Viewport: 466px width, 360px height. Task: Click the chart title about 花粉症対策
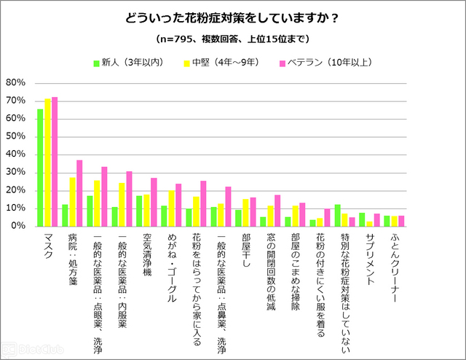[x=233, y=17]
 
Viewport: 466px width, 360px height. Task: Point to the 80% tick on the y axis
[x=16, y=82]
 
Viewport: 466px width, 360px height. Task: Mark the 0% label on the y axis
[x=19, y=226]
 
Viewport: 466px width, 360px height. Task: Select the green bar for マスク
[x=41, y=168]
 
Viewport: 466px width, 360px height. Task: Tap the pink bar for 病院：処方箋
[x=79, y=193]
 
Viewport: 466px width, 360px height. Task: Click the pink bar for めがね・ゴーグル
[x=178, y=205]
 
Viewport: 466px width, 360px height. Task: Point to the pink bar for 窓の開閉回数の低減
[x=277, y=211]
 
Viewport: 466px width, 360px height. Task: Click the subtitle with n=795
[x=233, y=38]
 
